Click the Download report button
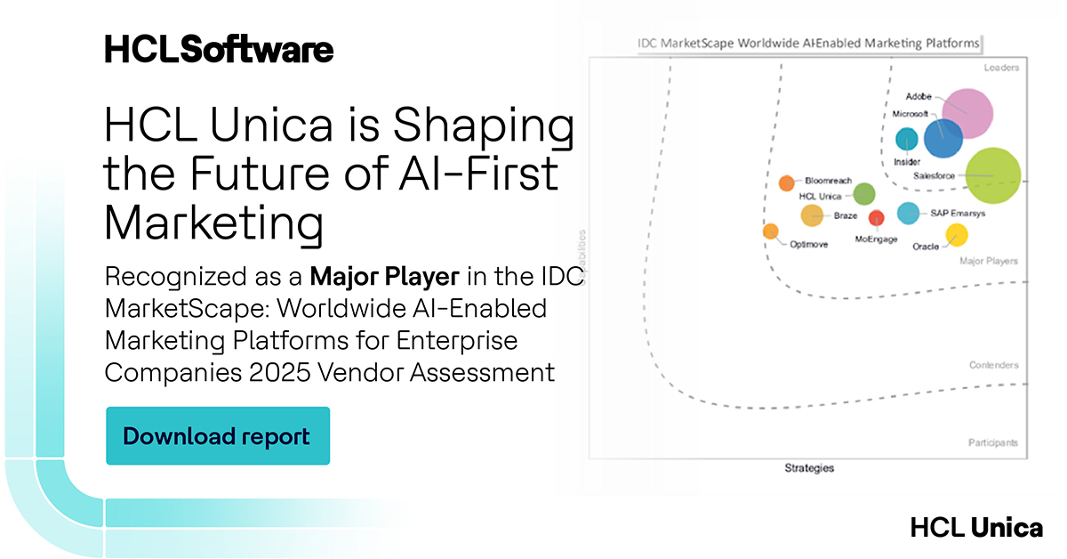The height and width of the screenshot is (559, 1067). click(217, 436)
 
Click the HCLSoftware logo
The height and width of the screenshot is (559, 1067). click(219, 49)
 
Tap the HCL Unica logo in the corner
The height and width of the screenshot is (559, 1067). click(976, 528)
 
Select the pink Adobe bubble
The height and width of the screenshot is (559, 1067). click(967, 114)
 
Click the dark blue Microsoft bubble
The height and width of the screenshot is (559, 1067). click(943, 137)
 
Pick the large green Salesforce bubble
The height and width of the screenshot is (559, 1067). click(993, 174)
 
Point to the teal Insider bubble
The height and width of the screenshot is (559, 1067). click(906, 139)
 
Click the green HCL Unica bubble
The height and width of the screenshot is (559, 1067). click(864, 194)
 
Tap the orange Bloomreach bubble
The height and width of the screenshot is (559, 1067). click(786, 183)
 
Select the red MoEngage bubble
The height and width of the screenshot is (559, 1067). click(877, 218)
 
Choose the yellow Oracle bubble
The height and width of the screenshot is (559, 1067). click(956, 235)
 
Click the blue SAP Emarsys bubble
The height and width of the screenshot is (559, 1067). click(908, 213)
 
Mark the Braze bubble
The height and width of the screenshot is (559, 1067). click(812, 215)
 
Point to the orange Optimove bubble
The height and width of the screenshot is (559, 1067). click(770, 231)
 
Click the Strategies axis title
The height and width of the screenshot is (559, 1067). click(809, 468)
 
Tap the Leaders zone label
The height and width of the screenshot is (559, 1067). click(1001, 68)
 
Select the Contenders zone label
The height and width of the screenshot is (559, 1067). click(994, 366)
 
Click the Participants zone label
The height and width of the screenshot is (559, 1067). click(993, 442)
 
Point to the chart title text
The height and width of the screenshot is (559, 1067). click(809, 43)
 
